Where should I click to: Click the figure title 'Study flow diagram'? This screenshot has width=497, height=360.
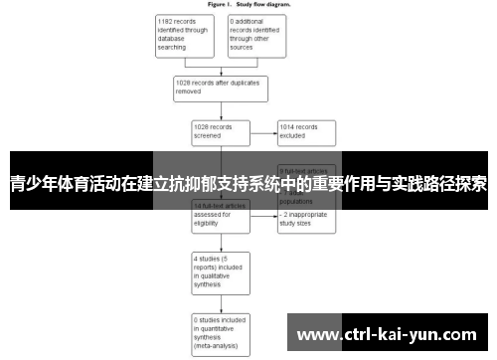click(248, 4)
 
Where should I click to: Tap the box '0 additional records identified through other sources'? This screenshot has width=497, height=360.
click(256, 34)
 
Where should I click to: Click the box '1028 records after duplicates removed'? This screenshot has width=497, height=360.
click(220, 87)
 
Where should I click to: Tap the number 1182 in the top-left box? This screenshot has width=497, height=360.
click(169, 20)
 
